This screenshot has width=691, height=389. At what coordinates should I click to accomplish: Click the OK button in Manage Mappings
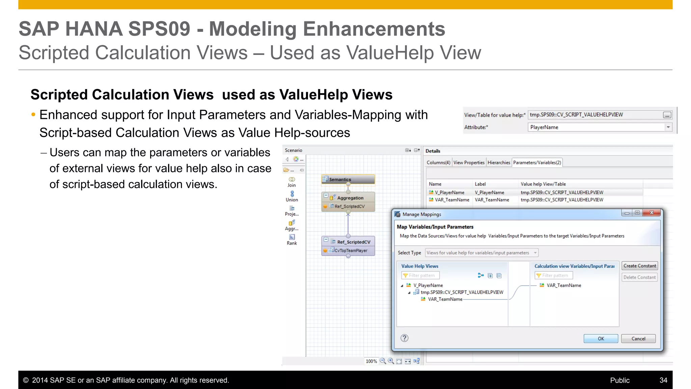click(x=601, y=338)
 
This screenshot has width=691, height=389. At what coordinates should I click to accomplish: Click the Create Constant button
click(x=639, y=266)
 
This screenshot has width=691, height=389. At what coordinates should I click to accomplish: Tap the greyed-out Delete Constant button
click(x=639, y=277)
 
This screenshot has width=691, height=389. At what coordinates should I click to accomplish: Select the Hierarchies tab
click(x=499, y=162)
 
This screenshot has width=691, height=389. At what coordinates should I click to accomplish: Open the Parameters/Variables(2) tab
click(x=537, y=162)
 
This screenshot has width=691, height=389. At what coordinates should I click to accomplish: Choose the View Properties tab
click(x=469, y=162)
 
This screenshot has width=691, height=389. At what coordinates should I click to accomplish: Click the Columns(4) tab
click(x=438, y=162)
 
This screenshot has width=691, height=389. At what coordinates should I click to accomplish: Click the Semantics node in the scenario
click(x=348, y=179)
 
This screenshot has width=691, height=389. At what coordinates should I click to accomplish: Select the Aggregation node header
click(x=350, y=198)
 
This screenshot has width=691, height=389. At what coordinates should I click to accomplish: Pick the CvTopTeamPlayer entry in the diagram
click(x=351, y=251)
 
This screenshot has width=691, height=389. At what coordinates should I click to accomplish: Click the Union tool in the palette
click(x=292, y=196)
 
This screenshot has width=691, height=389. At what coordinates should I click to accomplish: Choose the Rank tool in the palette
click(x=292, y=239)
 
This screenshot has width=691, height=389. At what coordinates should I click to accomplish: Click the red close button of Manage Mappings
click(x=652, y=213)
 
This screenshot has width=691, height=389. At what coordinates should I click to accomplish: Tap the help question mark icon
click(x=404, y=338)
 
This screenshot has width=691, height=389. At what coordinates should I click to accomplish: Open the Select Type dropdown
click(x=482, y=253)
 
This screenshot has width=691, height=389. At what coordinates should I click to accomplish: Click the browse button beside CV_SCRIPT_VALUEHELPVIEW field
click(x=667, y=115)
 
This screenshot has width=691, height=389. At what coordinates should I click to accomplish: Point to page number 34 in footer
click(x=663, y=380)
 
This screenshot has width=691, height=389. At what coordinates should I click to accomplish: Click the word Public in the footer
click(x=619, y=380)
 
